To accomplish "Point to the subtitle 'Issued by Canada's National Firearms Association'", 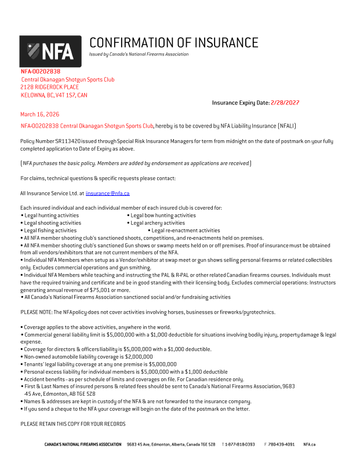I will (139, 54).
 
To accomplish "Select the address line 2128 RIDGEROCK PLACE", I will (50, 87).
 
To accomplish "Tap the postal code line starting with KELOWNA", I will (54, 95).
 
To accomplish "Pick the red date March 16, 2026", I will (39, 114).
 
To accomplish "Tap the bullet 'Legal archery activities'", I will (158, 223).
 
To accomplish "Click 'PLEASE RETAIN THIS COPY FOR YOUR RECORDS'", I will (73, 424).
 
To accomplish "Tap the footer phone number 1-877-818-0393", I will (240, 444).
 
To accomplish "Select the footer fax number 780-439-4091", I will (281, 444).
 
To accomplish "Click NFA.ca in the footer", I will (310, 444).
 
